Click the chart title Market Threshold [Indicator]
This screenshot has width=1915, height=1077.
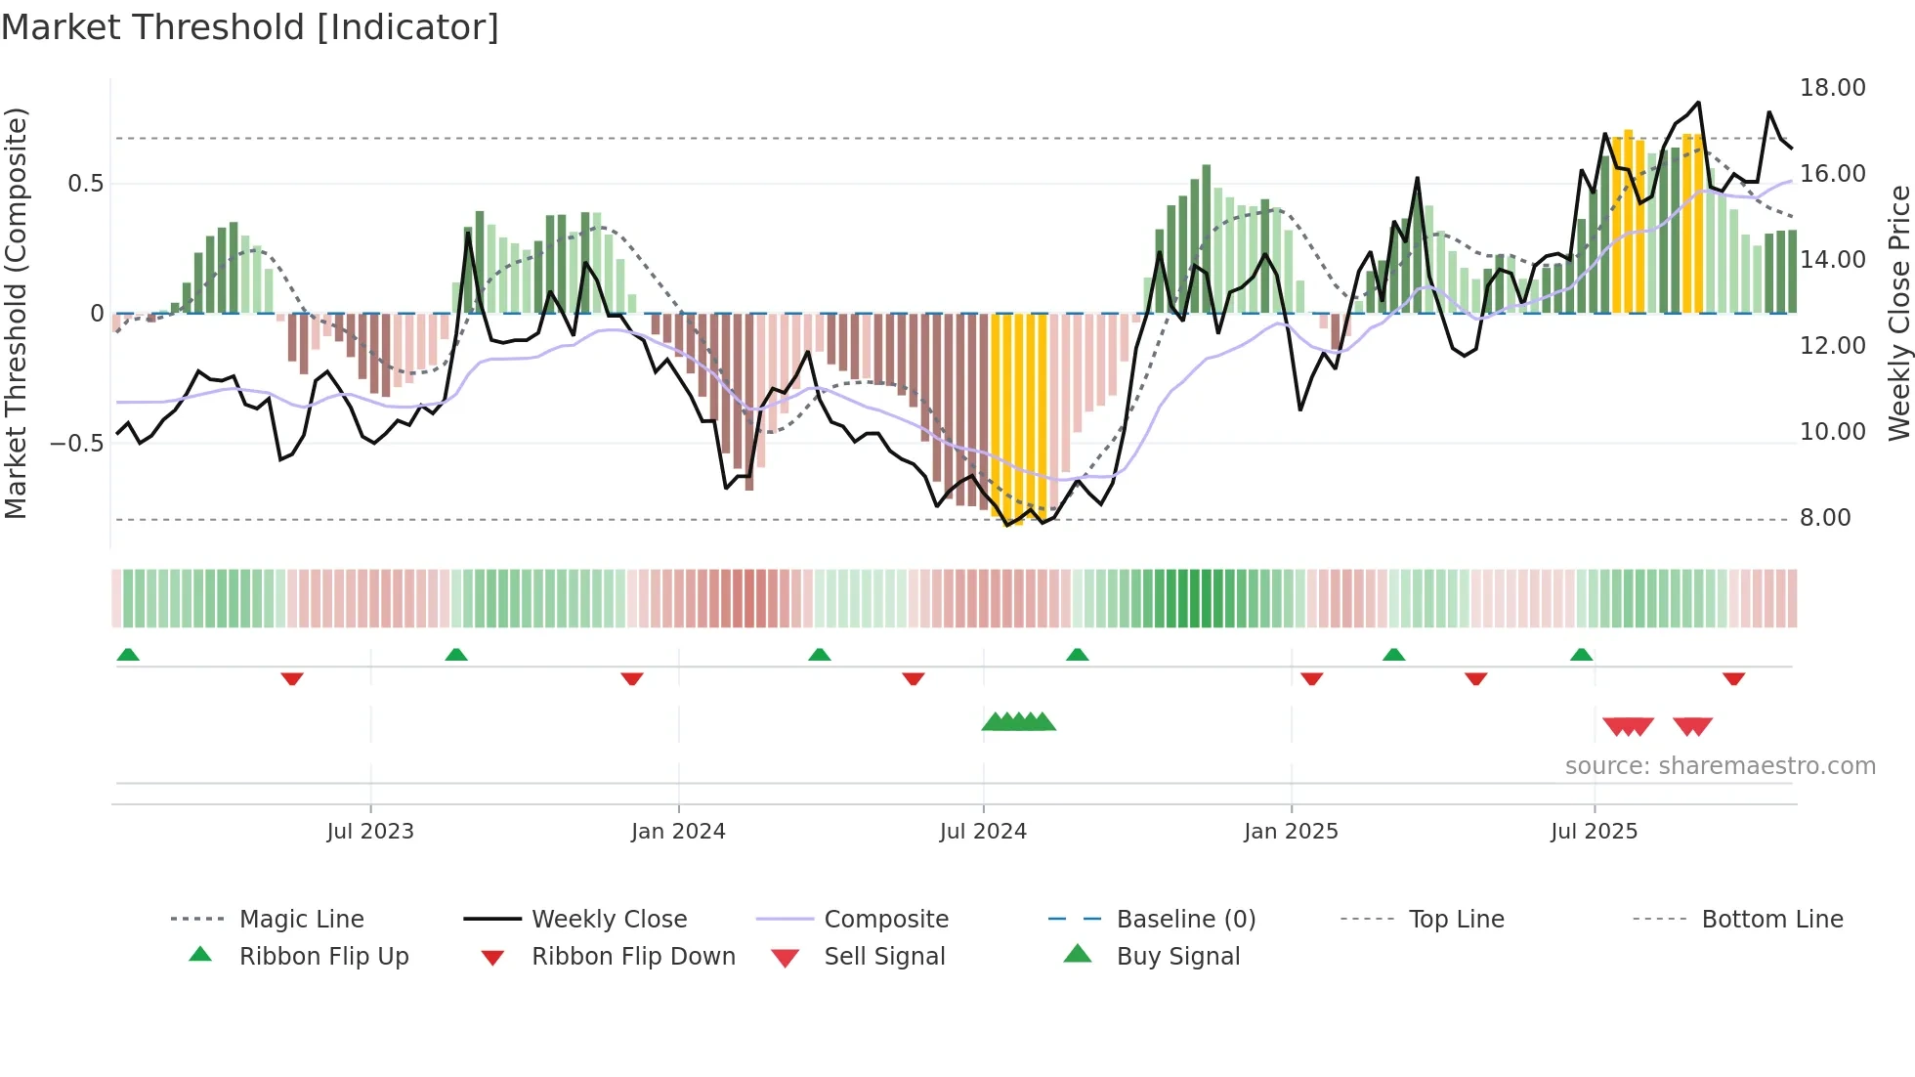[250, 27]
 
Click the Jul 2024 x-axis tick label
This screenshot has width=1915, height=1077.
[983, 831]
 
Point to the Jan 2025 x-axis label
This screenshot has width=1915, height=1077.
[1291, 831]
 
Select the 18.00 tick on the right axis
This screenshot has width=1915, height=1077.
[1832, 88]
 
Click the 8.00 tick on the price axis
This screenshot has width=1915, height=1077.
[1824, 518]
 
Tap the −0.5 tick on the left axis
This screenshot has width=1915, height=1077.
[76, 444]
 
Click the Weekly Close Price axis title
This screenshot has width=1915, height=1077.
[1898, 313]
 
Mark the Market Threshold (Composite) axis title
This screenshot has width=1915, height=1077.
[16, 313]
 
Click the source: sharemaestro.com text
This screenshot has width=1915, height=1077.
[1720, 765]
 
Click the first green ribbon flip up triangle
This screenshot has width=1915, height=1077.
[128, 655]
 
